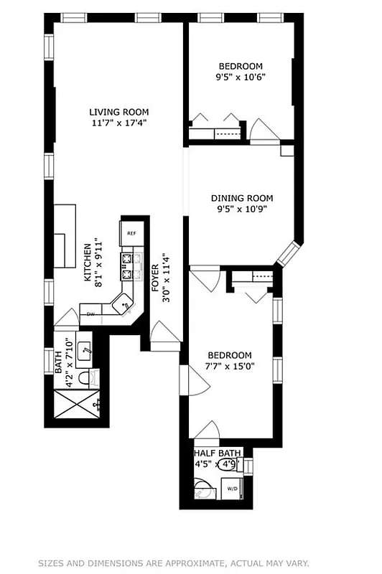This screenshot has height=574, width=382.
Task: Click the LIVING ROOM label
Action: [118, 111]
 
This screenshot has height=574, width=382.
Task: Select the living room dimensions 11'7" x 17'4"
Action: [118, 123]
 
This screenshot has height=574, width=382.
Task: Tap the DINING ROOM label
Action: [241, 198]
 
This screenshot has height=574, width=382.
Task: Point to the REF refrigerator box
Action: [132, 233]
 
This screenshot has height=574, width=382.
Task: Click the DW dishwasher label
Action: [91, 314]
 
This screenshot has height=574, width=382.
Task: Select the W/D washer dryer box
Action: [233, 489]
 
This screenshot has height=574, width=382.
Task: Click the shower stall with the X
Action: [76, 407]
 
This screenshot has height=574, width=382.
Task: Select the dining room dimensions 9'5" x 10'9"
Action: [241, 210]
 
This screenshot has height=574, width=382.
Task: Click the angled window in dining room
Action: [288, 254]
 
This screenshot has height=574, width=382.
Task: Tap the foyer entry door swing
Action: [164, 332]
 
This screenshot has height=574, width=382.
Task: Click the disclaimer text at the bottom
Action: [190, 563]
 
